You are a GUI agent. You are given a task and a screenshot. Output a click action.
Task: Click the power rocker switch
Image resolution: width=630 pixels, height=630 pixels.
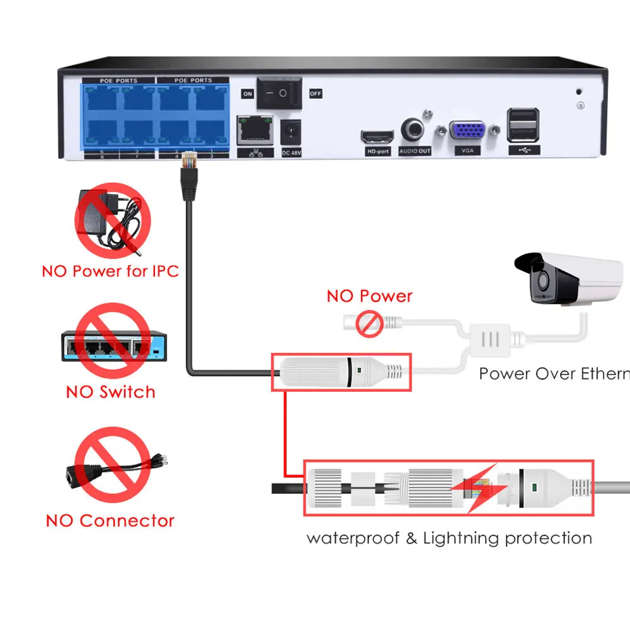(x=278, y=93)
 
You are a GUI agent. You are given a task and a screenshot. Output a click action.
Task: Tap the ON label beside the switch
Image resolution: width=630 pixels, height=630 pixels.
(x=247, y=94)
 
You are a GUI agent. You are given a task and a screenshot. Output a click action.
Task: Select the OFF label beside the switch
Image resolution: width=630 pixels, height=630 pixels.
(x=316, y=94)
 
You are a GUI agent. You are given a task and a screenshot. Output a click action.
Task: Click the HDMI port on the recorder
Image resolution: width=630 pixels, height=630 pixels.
(x=377, y=137)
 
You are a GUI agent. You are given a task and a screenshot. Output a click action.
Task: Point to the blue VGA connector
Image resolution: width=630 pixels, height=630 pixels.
(x=467, y=132)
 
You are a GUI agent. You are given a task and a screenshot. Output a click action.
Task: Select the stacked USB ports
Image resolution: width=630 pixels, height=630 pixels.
(x=523, y=125)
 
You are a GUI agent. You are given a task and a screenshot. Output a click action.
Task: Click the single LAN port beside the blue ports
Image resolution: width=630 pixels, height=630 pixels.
(x=255, y=130)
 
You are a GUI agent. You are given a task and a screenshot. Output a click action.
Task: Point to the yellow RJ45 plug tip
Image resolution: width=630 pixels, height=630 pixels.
(x=187, y=160)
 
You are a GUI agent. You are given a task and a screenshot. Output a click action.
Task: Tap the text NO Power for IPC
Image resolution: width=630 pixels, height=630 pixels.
(x=110, y=272)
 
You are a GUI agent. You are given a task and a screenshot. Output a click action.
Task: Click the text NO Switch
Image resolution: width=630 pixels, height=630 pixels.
(x=110, y=392)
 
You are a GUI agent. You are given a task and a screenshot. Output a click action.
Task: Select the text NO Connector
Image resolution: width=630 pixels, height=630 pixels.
(x=110, y=521)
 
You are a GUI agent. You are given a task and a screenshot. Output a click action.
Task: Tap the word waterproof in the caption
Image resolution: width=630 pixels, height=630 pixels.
(x=353, y=539)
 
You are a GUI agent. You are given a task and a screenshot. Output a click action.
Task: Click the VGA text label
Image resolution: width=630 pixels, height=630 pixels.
(x=467, y=151)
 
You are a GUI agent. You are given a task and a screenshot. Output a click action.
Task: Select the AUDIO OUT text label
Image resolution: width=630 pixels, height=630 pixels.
(x=415, y=151)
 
